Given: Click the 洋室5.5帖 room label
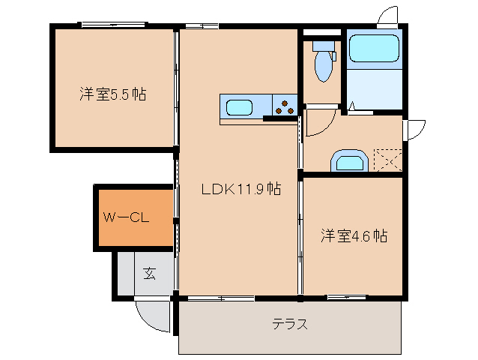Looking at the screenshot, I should point(112,94).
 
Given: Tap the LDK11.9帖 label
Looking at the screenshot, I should point(240,190).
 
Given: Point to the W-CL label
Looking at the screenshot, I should point(128,218).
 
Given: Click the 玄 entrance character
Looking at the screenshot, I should point(149,274).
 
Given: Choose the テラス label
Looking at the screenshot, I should point(290,325).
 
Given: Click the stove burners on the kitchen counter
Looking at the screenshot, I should point(284,106).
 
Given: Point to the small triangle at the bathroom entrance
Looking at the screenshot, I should point(350,109).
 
